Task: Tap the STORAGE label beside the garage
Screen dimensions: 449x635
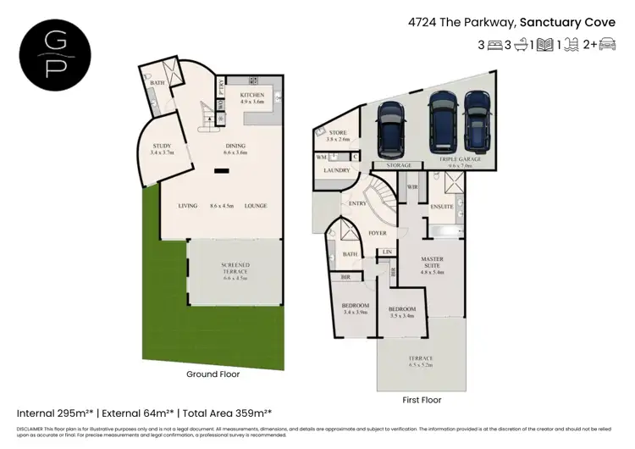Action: coord(399,165)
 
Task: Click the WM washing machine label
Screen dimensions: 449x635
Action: coord(321,157)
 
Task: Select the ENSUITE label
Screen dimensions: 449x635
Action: coord(442,206)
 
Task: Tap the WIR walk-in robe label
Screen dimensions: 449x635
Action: coord(412,187)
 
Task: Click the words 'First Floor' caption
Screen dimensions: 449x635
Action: coord(421,399)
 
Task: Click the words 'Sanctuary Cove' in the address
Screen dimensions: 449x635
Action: coord(566,23)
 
